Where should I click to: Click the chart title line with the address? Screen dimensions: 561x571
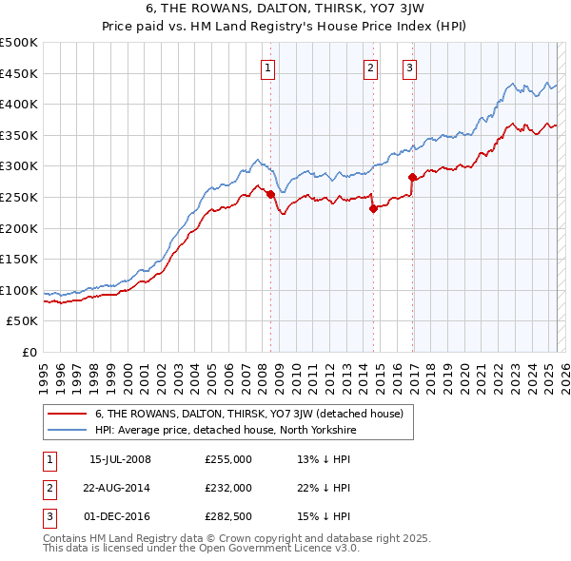pyautogui.click(x=285, y=9)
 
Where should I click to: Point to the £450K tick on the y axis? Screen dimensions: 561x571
pyautogui.click(x=19, y=73)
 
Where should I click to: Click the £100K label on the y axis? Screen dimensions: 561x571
pyautogui.click(x=19, y=290)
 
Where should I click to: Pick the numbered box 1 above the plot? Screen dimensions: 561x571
pyautogui.click(x=268, y=68)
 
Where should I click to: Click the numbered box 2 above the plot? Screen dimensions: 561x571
pyautogui.click(x=370, y=68)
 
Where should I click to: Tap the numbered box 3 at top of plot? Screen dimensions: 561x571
pyautogui.click(x=409, y=68)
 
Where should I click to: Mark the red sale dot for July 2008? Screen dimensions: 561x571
pyautogui.click(x=270, y=194)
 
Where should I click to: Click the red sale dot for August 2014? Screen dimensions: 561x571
pyautogui.click(x=373, y=209)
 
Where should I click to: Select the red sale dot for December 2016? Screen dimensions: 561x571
pyautogui.click(x=412, y=177)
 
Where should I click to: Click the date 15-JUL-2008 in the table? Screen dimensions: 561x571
pyautogui.click(x=120, y=459)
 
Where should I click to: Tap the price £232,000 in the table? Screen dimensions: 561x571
pyautogui.click(x=228, y=488)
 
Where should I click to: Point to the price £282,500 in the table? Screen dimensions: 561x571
pyautogui.click(x=228, y=516)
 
